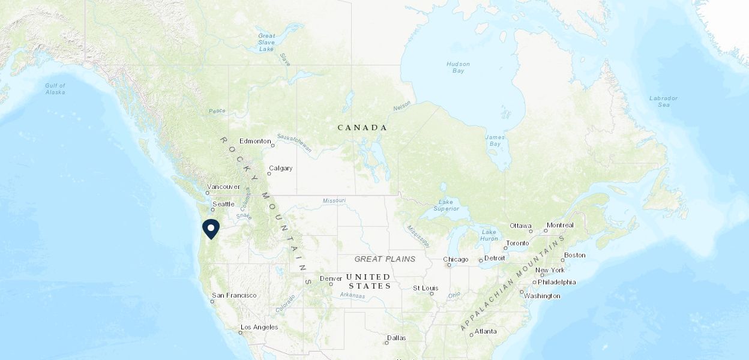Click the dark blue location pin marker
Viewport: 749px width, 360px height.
tap(211, 229)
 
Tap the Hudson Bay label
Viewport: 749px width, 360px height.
tap(458, 67)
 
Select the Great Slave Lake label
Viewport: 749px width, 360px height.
tap(266, 42)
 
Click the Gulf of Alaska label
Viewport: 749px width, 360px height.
tap(55, 89)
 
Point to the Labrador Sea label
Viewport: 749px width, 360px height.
tap(663, 101)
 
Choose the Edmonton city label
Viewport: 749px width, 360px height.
tap(255, 141)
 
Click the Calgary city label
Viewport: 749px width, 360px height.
tap(280, 168)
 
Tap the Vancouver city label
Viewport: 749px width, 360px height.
tap(223, 187)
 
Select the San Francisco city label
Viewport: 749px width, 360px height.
tap(234, 295)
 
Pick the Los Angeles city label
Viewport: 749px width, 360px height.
tap(259, 327)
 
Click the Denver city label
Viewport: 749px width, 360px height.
tap(331, 278)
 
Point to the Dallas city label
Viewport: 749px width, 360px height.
tap(396, 338)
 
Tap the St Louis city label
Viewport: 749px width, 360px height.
tap(426, 288)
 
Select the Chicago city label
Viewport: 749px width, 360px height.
tap(456, 259)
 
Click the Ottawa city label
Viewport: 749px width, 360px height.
tap(520, 226)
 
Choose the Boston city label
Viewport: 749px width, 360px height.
tap(574, 255)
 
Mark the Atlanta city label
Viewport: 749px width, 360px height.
tap(486, 331)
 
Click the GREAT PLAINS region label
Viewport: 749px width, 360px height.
tap(385, 259)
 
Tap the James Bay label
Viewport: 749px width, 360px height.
tap(495, 140)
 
